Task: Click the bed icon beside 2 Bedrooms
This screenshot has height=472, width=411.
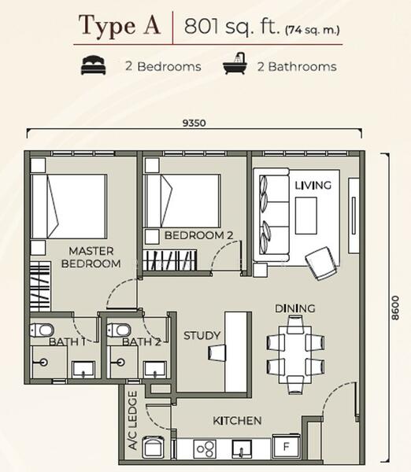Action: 94,65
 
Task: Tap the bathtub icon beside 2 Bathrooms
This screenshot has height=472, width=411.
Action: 235,64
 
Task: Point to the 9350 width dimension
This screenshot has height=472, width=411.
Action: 194,124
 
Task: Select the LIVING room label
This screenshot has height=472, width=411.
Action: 313,185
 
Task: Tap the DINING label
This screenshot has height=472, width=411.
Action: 295,308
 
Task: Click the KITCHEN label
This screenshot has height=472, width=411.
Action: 237,421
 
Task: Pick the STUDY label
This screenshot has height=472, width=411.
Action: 202,336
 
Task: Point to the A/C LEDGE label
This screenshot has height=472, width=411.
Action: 133,420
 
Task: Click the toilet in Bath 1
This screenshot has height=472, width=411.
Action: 42,330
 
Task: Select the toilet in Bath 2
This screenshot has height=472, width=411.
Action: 119,330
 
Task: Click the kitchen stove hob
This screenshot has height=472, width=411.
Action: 205,449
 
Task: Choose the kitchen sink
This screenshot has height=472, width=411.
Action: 242,449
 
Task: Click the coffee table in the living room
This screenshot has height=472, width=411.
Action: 305,216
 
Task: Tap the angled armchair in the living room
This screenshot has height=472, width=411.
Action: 322,263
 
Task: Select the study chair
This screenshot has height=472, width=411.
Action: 217,352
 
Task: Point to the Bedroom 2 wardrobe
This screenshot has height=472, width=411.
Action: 170,260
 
